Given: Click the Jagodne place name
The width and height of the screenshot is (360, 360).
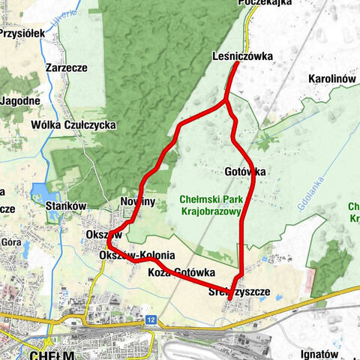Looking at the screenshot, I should [x=20, y=100].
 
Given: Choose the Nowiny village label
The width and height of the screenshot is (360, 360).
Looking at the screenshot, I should [x=137, y=202].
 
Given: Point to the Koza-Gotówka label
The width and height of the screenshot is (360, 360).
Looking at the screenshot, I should [x=181, y=271].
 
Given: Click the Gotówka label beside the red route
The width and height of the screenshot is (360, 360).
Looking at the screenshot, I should [x=244, y=172].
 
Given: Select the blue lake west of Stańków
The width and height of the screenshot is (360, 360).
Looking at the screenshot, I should [x=38, y=198].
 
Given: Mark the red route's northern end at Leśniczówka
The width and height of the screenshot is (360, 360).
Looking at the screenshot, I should [x=238, y=64].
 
